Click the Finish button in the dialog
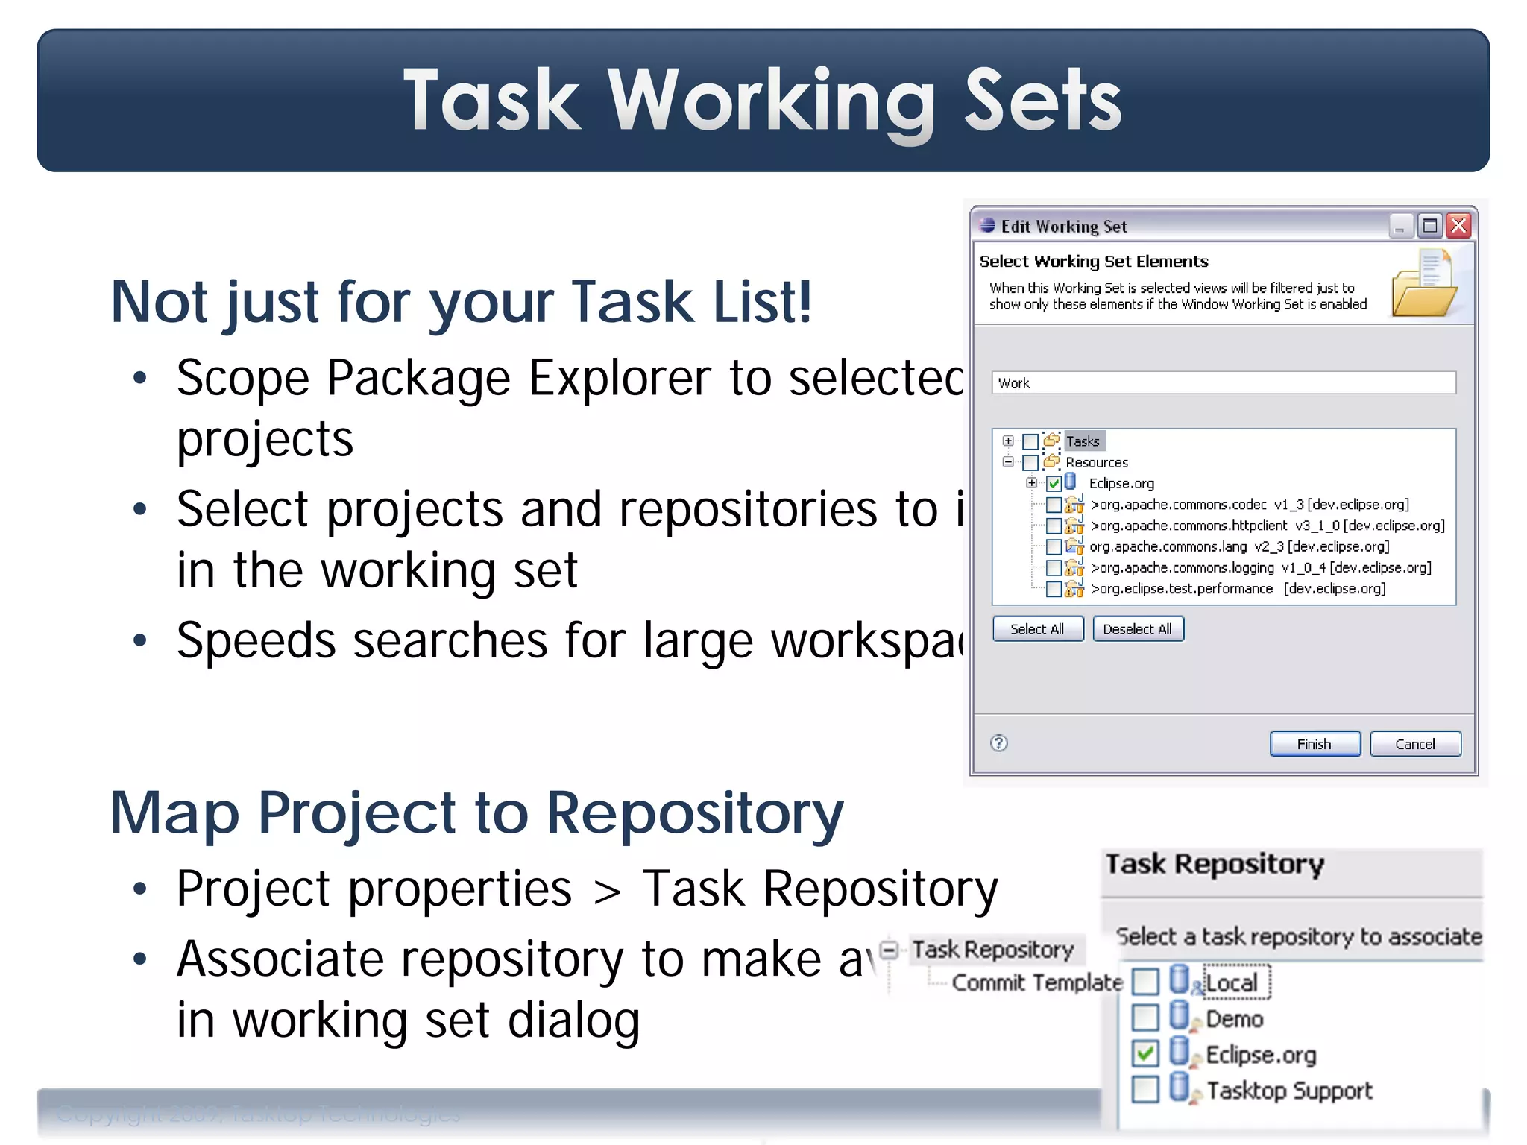point(1315,744)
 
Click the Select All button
point(1037,629)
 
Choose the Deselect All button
point(1137,629)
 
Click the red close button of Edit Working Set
point(1458,225)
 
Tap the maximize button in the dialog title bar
point(1429,225)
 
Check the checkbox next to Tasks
point(1030,441)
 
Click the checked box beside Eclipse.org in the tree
point(1054,483)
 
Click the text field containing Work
point(1223,383)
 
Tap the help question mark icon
point(999,743)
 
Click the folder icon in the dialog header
point(1424,285)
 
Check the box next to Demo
point(1145,1018)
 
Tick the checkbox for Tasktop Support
point(1145,1089)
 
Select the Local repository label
point(1231,983)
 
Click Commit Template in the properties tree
point(1036,983)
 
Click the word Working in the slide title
point(771,101)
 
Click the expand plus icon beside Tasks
point(1008,441)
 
